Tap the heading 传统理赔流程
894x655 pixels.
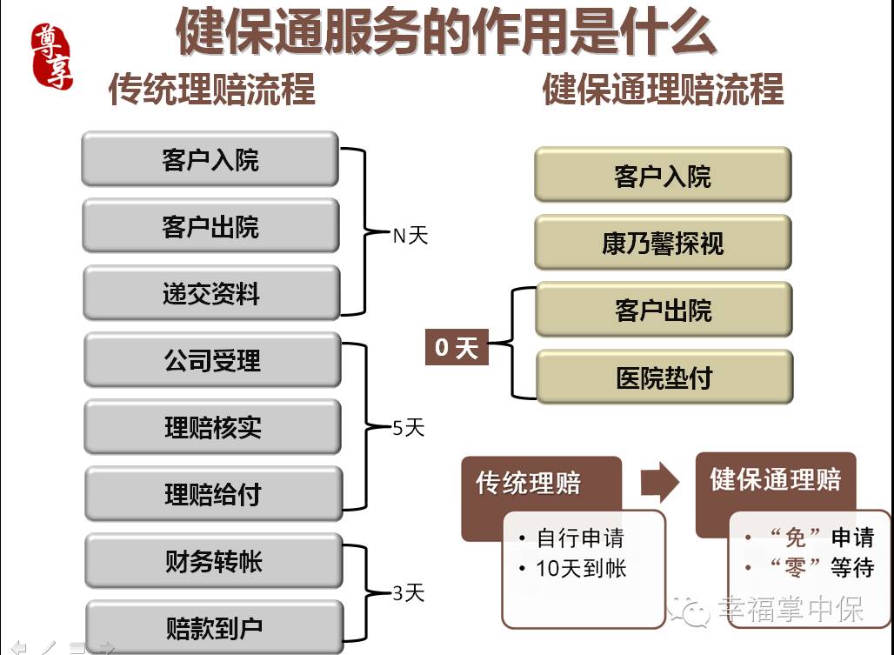211,90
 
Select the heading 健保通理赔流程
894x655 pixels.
663,90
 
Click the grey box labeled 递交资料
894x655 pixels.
211,293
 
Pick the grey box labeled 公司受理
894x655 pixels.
212,360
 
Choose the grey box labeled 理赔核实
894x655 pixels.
212,427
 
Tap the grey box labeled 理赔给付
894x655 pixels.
212,494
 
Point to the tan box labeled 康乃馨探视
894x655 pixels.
663,243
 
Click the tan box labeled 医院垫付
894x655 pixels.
664,378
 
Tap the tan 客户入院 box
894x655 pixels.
663,176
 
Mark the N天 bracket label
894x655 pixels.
410,236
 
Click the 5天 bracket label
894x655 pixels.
408,428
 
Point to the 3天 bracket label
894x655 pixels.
408,594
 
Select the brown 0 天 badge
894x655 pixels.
457,348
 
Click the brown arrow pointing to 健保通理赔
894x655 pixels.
658,483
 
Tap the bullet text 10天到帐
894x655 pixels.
581,569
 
